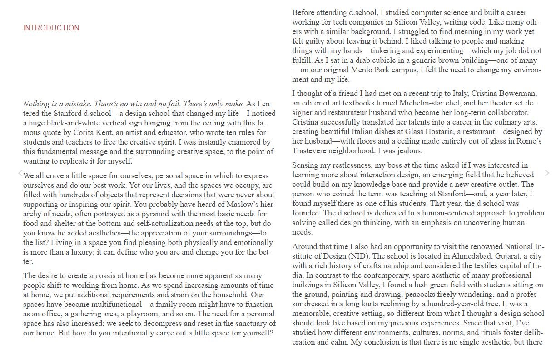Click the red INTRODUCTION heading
51,28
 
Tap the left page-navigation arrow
20,173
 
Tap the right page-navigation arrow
547,173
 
